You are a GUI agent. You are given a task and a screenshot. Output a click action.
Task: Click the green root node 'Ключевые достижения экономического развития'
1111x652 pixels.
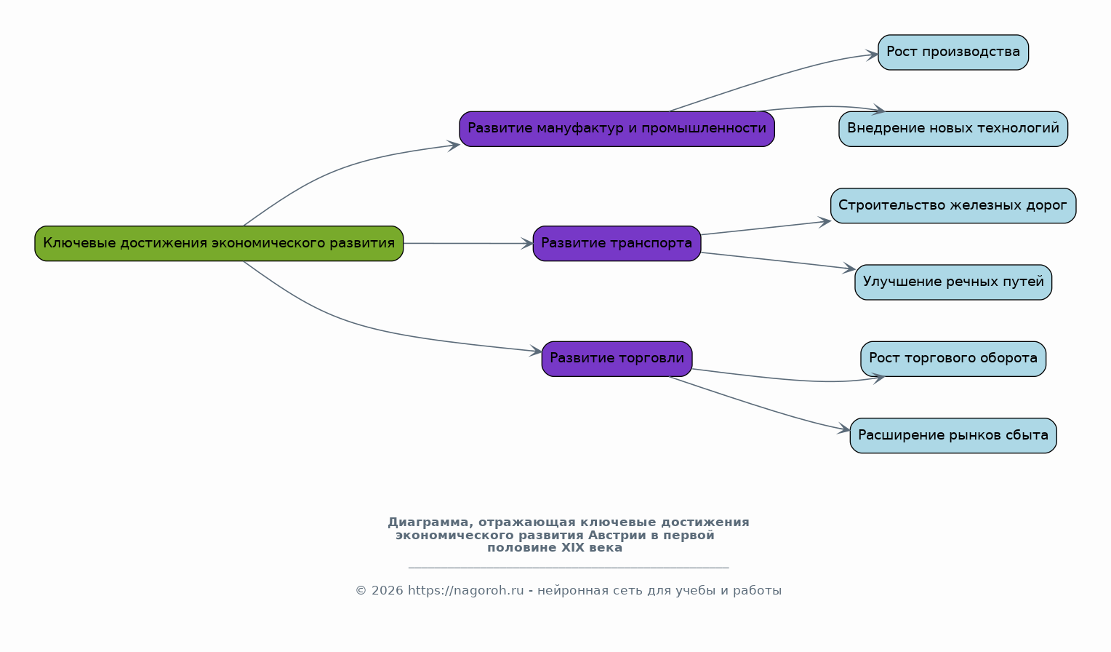pos(219,243)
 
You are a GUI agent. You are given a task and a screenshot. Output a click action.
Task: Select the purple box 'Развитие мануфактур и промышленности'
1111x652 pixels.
pos(617,129)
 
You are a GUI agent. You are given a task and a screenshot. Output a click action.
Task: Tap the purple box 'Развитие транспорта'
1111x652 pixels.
pos(617,243)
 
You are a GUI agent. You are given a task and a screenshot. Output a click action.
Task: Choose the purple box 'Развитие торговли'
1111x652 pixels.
pos(617,358)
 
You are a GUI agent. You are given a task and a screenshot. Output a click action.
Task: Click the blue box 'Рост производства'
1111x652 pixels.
pos(952,52)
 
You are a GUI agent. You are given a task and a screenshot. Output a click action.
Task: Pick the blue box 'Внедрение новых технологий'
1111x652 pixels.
pos(952,129)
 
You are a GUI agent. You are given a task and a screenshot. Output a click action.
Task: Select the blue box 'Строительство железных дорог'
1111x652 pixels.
pos(952,205)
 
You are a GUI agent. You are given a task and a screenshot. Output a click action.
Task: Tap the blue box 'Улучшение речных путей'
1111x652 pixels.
pos(952,282)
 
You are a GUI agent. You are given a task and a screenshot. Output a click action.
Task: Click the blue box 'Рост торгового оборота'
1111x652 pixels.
pos(952,358)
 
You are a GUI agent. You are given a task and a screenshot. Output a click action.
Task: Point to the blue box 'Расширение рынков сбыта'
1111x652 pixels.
pos(952,435)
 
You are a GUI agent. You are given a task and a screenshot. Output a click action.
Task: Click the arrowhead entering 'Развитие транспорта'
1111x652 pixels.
pos(527,244)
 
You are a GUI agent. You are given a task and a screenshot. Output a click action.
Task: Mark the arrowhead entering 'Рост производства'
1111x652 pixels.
pos(873,55)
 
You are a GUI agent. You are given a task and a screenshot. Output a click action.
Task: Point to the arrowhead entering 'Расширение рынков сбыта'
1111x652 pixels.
pos(844,429)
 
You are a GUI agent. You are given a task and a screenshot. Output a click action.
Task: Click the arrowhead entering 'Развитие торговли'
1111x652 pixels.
pos(536,351)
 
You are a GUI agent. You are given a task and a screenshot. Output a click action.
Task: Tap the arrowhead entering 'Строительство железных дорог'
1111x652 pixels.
pos(825,222)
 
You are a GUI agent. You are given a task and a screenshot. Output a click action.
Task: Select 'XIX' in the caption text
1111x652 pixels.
pos(573,548)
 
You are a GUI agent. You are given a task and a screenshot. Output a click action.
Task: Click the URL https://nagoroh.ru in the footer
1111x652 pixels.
pos(466,590)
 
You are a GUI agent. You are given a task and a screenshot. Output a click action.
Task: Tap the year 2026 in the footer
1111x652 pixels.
pos(388,590)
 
